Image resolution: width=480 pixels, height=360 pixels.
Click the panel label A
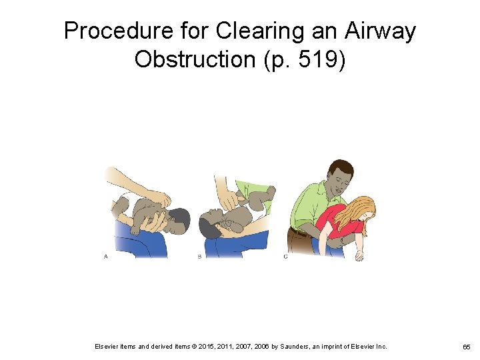tap(105, 257)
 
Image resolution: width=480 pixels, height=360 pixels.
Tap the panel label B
tap(199, 257)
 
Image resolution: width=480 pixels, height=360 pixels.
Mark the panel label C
tap(285, 257)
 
